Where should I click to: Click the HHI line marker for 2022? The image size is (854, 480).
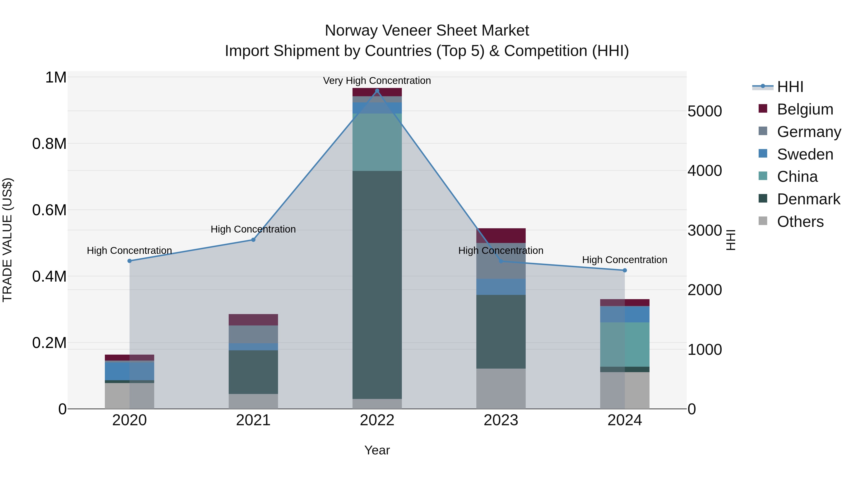pyautogui.click(x=377, y=91)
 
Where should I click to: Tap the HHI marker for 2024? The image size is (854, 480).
pyautogui.click(x=625, y=270)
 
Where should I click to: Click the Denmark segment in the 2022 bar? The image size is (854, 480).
pyautogui.click(x=377, y=285)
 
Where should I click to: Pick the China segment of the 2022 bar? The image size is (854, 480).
pyautogui.click(x=377, y=142)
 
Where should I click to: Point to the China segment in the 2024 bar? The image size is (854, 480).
pyautogui.click(x=625, y=344)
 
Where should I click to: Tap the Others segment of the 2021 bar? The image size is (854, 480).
pyautogui.click(x=253, y=401)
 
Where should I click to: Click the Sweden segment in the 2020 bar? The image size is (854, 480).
pyautogui.click(x=129, y=371)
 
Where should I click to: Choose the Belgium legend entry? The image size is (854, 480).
pyautogui.click(x=805, y=109)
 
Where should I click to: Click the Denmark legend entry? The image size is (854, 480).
pyautogui.click(x=808, y=199)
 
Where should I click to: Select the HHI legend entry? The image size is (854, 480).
pyautogui.click(x=790, y=87)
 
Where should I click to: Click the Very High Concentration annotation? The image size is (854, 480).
pyautogui.click(x=377, y=81)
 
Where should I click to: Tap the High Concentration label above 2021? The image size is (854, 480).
pyautogui.click(x=253, y=229)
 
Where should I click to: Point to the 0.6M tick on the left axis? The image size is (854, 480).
pyautogui.click(x=49, y=210)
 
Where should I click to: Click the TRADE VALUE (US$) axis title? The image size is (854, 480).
pyautogui.click(x=7, y=240)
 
